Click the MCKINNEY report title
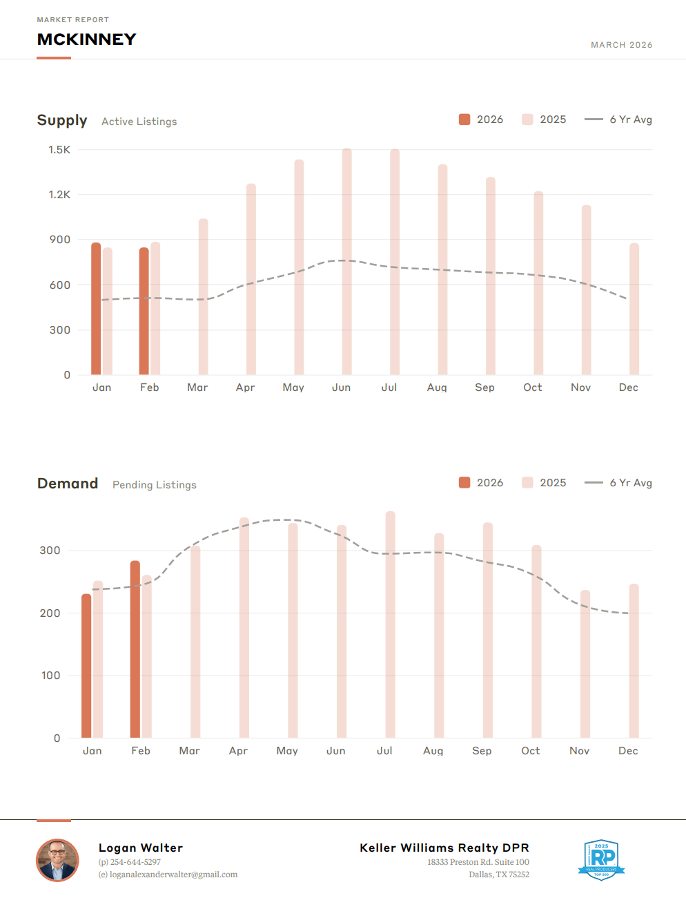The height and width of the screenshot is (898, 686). point(86,39)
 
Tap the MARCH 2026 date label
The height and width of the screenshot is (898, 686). point(621,45)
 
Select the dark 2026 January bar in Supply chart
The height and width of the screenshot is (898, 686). point(96,309)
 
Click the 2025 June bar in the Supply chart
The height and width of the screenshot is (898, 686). point(346,262)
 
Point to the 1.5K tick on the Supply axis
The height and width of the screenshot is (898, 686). point(59,150)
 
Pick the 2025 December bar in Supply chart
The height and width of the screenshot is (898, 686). point(634,309)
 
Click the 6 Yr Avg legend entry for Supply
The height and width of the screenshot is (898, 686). point(618,120)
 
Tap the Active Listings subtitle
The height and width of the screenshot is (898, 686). point(139,122)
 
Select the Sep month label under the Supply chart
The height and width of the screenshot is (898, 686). point(484,388)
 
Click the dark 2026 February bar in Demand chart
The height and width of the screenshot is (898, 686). point(135,649)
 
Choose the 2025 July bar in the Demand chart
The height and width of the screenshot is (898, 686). point(390,625)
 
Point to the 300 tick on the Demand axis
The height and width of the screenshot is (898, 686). point(50,551)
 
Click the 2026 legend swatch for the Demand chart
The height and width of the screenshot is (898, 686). point(464,483)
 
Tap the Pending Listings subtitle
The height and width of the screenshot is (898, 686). point(154,485)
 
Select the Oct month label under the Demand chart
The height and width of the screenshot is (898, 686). point(530,751)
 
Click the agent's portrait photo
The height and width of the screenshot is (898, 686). point(57,860)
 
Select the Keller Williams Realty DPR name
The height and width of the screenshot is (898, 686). point(444,848)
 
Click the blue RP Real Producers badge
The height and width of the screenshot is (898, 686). point(601,859)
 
